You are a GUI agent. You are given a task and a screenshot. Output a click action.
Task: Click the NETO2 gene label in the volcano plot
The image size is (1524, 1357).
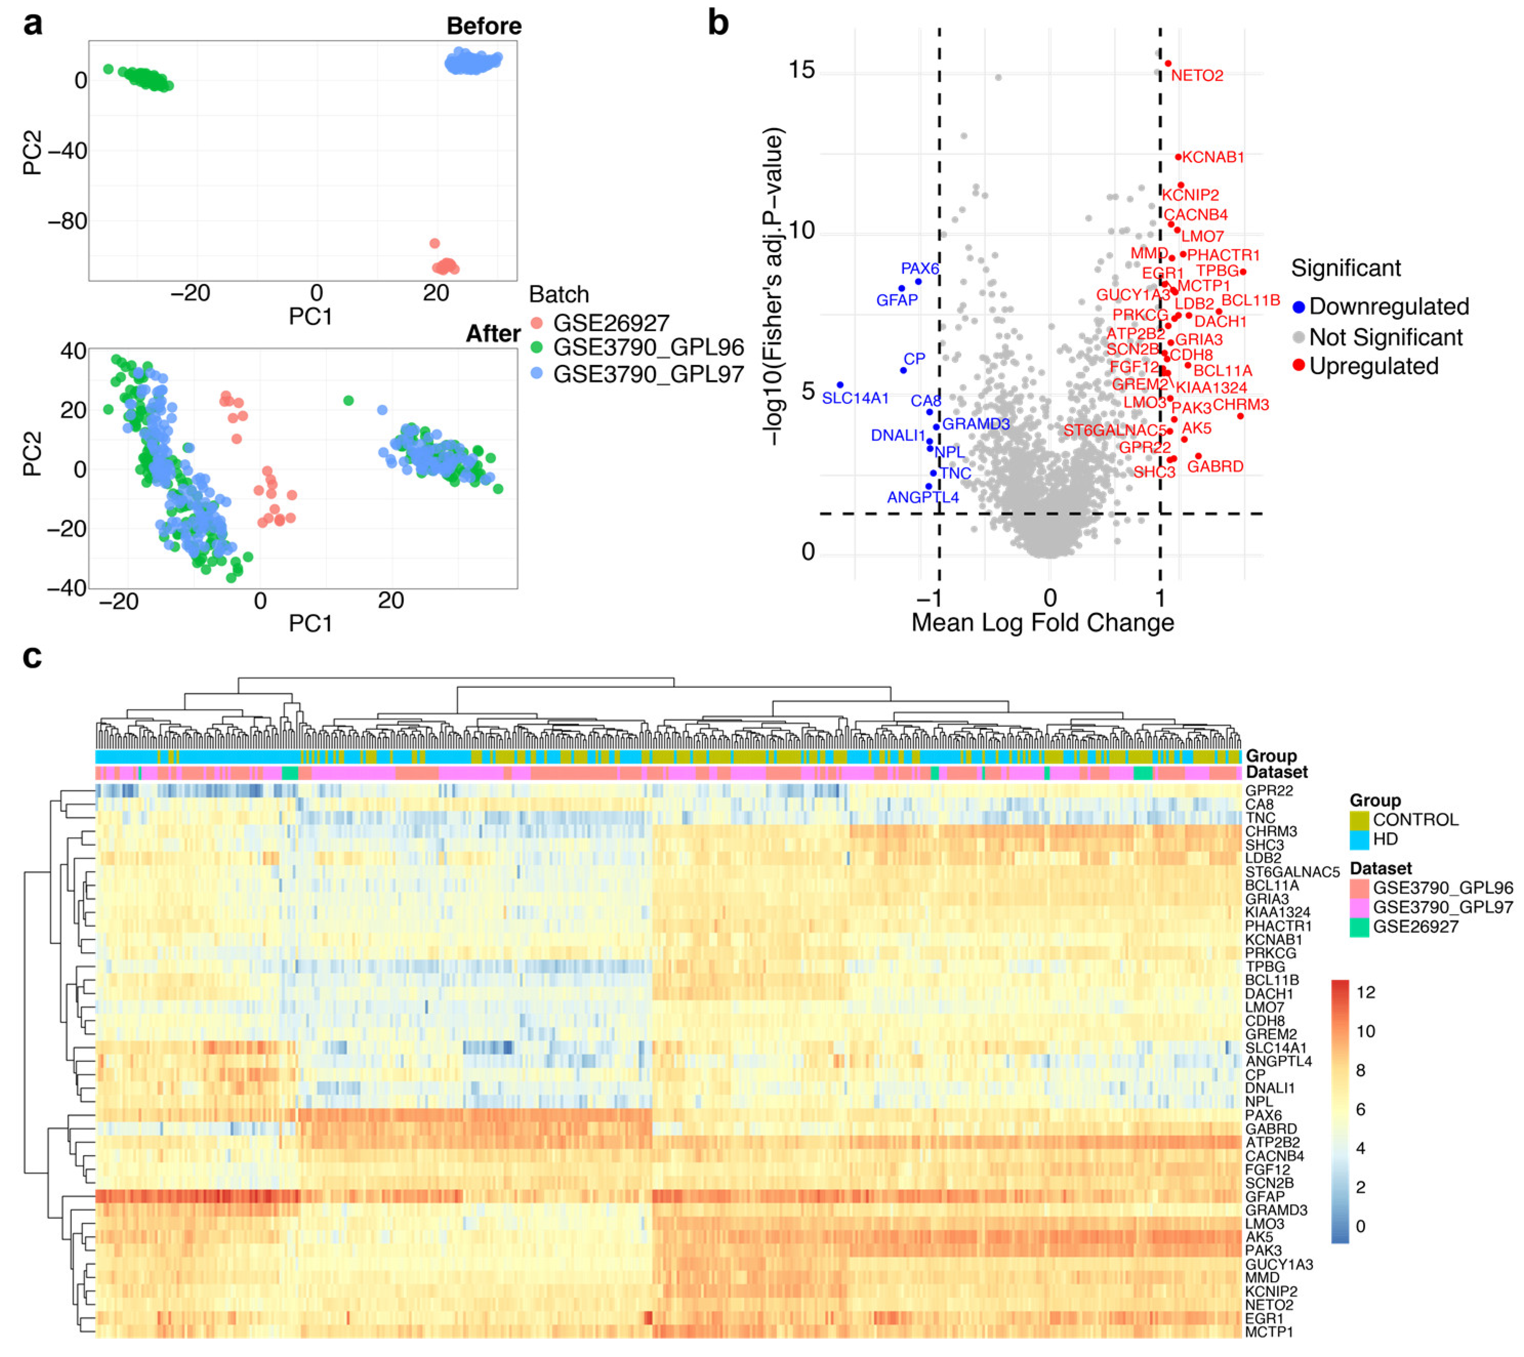click(x=1197, y=76)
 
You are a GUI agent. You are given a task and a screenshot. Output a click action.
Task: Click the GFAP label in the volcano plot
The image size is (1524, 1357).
click(x=896, y=300)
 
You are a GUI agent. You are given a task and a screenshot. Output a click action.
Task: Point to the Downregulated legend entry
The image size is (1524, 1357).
click(x=1388, y=306)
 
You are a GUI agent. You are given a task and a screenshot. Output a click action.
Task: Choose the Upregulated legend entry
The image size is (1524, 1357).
click(x=1373, y=366)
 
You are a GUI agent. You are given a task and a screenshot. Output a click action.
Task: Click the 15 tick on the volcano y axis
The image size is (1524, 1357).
click(x=801, y=70)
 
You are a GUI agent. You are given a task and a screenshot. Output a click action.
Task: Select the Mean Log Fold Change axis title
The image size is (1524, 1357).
click(x=1042, y=622)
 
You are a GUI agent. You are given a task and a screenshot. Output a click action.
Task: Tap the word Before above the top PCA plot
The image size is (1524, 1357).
click(x=484, y=26)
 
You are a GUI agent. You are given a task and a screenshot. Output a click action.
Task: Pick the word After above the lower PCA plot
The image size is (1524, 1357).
click(x=493, y=333)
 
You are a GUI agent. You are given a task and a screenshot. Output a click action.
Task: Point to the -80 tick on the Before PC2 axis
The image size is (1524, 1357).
click(x=67, y=221)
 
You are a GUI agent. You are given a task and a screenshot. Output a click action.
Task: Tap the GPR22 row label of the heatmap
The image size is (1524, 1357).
click(x=1268, y=790)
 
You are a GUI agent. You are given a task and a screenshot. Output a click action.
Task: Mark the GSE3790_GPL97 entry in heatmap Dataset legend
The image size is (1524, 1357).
click(x=1442, y=908)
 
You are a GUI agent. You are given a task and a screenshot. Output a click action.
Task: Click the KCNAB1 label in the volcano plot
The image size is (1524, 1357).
click(x=1212, y=157)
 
